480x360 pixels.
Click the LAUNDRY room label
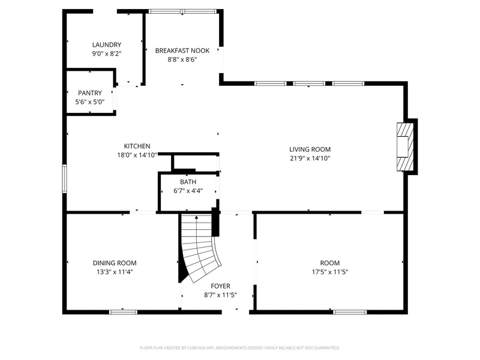click(x=107, y=44)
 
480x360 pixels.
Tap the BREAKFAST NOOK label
click(x=182, y=50)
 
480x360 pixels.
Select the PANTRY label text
click(x=89, y=93)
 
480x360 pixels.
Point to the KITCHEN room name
click(x=137, y=146)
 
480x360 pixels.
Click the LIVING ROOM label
click(x=310, y=149)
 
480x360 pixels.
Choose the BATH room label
click(x=188, y=182)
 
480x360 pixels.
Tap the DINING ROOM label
click(x=115, y=263)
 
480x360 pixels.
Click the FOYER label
click(x=220, y=286)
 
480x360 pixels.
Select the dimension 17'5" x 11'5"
click(x=330, y=272)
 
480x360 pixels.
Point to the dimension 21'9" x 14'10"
click(x=310, y=158)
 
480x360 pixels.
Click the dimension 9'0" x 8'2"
click(x=107, y=53)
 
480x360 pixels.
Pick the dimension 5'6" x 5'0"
click(x=89, y=102)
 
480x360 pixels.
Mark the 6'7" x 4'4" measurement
click(x=188, y=191)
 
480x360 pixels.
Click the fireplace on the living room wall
click(x=406, y=146)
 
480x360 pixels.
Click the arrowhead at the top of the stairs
click(x=197, y=217)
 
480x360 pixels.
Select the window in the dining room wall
click(x=123, y=312)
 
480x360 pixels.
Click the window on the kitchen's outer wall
click(x=64, y=179)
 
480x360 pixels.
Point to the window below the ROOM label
click(x=350, y=312)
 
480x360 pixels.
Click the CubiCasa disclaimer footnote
click(x=239, y=348)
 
